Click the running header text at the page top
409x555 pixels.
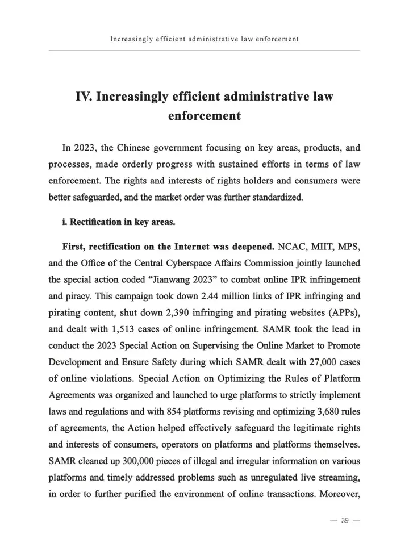(204, 39)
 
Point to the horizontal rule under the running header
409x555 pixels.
(204, 51)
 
